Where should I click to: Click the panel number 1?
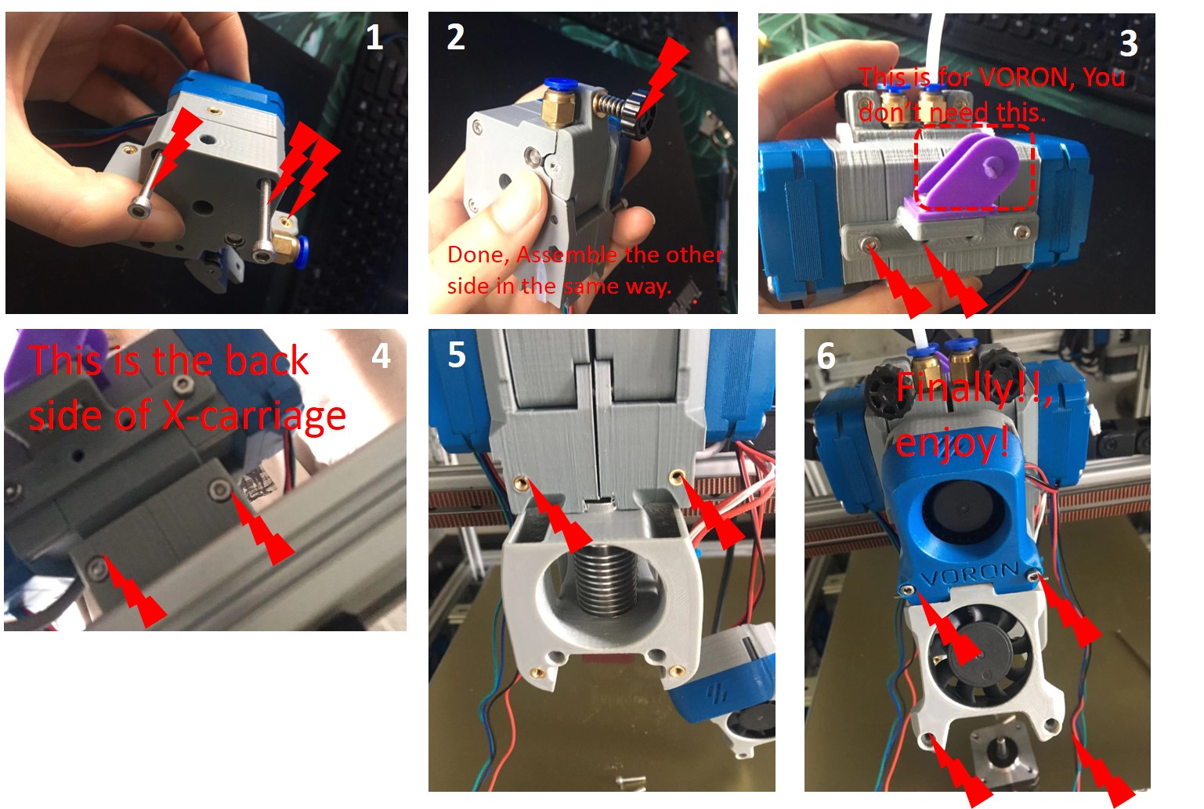(374, 38)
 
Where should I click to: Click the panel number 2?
(455, 38)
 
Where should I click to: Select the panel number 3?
(1128, 44)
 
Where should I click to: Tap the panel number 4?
(381, 356)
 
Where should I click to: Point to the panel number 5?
(457, 355)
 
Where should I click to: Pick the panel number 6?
(826, 356)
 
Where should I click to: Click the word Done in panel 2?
(477, 255)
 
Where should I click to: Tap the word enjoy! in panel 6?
(952, 443)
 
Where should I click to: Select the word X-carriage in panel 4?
(254, 415)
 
